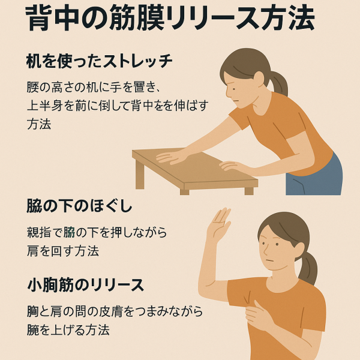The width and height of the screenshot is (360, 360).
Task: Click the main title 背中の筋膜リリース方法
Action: [x=170, y=18]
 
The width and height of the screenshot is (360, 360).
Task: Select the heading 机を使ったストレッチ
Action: [x=99, y=61]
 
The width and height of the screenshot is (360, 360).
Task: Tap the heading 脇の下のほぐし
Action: [x=79, y=206]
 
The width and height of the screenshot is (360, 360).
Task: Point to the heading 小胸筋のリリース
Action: [x=86, y=285]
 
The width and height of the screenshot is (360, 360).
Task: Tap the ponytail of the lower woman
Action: [x=308, y=268]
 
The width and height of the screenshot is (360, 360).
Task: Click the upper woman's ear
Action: [x=259, y=79]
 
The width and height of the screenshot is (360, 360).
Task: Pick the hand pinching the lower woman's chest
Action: [x=258, y=315]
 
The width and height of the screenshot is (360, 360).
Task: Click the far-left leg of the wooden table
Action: [x=140, y=175]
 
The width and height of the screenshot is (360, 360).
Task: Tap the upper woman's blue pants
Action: [x=314, y=177]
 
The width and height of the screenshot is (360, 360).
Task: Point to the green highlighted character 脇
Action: [x=70, y=232]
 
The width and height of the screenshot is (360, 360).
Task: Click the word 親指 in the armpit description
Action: [x=38, y=232]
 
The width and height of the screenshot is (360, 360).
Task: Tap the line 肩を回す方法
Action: [x=63, y=251]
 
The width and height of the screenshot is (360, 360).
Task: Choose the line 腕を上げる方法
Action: [x=68, y=330]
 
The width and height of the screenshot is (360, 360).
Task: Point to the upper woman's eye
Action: [x=233, y=89]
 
